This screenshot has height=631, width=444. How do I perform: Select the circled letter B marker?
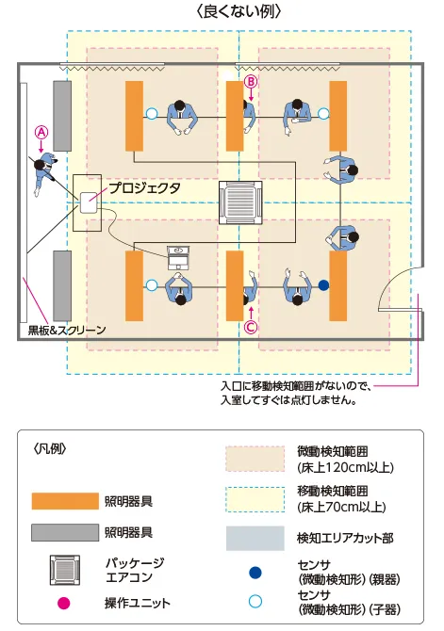(250, 82)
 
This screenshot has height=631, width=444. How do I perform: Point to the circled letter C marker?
(250, 328)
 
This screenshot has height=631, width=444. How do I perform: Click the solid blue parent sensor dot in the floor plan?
(322, 284)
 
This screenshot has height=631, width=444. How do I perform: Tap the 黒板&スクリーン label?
(61, 331)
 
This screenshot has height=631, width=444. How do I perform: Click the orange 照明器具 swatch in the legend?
(65, 500)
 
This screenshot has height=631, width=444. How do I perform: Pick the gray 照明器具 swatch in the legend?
(65, 533)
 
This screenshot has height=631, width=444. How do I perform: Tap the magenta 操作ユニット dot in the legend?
(65, 603)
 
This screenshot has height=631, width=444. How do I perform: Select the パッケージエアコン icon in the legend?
(65, 569)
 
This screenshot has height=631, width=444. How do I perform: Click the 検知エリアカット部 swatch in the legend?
(255, 538)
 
